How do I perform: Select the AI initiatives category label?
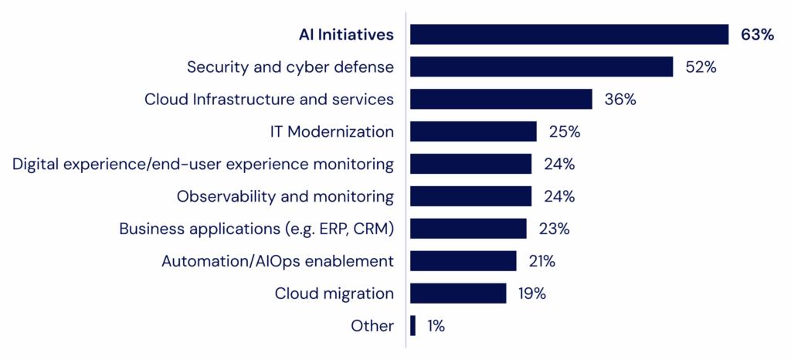click(348, 35)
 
